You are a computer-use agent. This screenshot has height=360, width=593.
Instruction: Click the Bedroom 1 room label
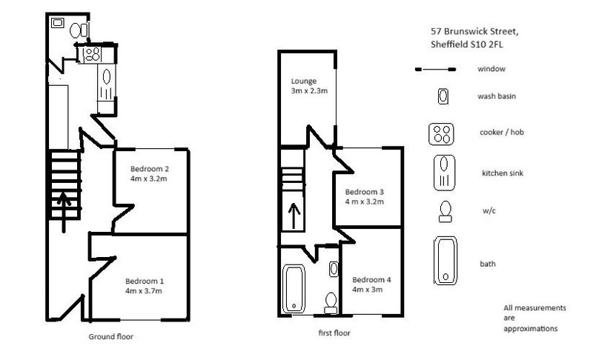145,281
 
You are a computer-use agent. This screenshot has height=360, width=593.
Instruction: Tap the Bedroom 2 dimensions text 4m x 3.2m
149,179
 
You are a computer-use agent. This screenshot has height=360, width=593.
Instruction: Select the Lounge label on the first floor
304,81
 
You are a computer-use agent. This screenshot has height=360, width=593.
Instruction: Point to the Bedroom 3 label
364,192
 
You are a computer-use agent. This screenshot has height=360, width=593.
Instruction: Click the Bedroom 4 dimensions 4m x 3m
367,290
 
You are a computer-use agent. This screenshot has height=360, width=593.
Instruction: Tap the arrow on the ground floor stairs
64,212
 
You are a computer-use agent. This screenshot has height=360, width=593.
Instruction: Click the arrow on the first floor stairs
294,216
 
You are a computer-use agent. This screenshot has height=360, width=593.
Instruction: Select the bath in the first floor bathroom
294,289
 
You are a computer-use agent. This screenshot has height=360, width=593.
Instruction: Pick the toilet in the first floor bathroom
331,302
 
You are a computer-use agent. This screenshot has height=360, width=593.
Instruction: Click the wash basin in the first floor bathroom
333,269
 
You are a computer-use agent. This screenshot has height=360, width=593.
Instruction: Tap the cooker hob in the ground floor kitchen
92,54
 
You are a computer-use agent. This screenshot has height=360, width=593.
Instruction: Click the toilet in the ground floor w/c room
79,30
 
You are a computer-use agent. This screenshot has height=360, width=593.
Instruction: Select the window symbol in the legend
435,70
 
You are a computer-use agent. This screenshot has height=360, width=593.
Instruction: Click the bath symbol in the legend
445,261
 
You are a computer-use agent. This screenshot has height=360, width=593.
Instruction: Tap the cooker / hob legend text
502,132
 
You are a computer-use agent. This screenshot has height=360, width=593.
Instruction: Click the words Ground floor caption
110,336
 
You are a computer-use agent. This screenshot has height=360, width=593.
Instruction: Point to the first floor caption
334,333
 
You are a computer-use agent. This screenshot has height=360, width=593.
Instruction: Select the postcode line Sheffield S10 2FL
467,44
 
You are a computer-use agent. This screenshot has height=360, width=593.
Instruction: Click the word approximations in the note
531,329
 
